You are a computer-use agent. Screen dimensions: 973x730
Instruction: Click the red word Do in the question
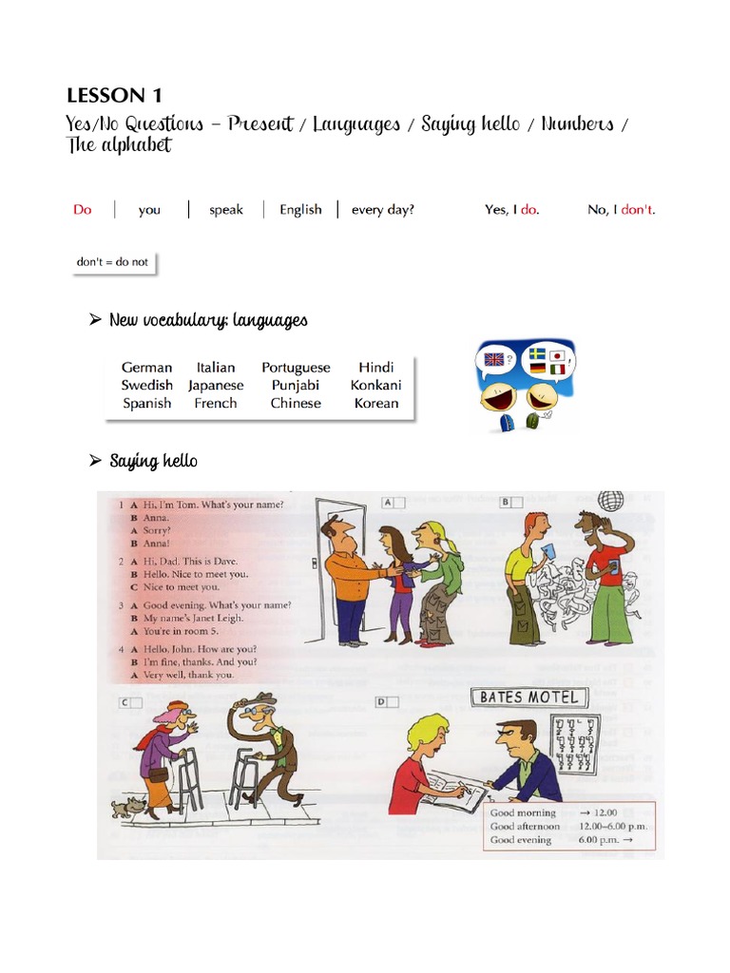83,210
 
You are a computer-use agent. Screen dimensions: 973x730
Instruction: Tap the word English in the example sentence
300,210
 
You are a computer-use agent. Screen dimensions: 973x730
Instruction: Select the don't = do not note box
113,261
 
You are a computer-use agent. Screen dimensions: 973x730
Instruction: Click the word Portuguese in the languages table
296,368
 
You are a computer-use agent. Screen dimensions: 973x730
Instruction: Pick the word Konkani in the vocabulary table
375,385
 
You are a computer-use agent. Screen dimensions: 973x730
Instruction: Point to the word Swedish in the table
146,385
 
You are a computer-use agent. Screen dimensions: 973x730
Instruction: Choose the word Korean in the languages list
375,403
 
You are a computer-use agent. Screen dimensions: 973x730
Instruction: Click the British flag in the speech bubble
493,359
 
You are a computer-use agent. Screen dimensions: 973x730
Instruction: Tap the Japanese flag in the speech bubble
558,355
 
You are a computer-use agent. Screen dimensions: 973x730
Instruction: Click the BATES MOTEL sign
528,698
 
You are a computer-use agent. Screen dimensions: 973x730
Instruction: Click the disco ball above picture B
609,501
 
